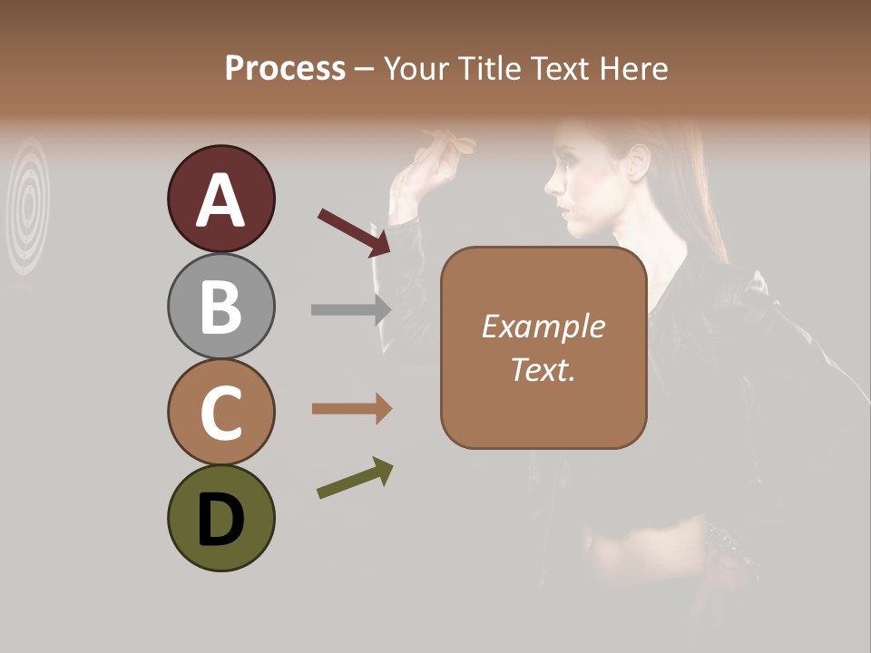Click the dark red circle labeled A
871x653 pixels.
coord(221,199)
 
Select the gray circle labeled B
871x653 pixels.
coord(221,306)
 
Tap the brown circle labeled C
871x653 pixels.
coord(221,412)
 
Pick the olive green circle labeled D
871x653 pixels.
coord(221,518)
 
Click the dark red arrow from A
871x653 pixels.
coord(354,232)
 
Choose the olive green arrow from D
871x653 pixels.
coord(355,478)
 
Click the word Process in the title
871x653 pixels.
coord(285,69)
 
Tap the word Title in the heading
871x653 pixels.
coord(490,69)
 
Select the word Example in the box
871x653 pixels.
coord(543,326)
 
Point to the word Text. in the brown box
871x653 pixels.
coord(543,369)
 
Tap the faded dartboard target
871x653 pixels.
coord(29,205)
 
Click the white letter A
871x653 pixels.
coord(221,200)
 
